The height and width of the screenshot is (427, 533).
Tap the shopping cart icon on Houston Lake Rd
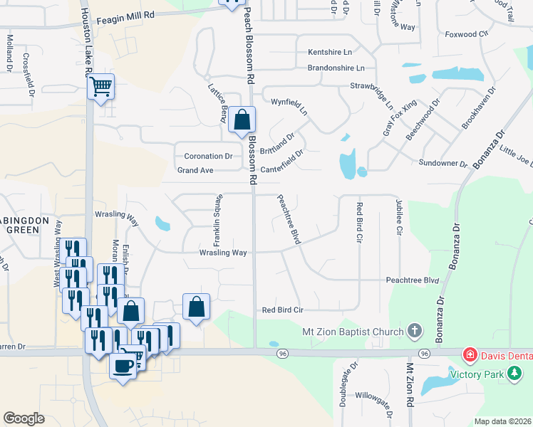coord(100,87)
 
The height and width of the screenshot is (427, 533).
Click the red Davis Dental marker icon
coord(470,354)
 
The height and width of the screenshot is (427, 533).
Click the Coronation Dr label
coord(208,156)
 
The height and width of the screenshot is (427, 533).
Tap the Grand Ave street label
coord(195,170)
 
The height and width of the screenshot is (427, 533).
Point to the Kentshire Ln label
coord(330,52)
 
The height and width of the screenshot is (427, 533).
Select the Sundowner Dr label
coord(443,164)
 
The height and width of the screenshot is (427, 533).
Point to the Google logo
coord(24,418)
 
